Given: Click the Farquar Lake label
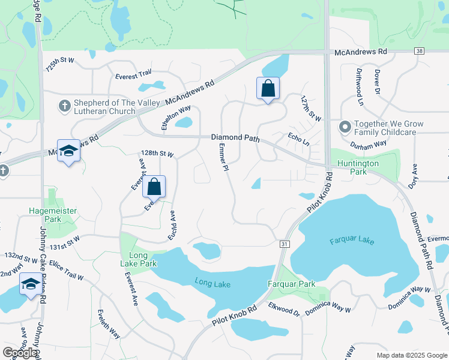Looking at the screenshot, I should (x=352, y=241).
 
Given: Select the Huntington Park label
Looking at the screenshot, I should (x=358, y=167).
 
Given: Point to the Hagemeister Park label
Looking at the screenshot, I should (x=53, y=215).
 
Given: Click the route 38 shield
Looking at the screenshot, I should (x=418, y=52).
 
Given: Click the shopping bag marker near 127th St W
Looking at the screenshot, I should (x=268, y=89).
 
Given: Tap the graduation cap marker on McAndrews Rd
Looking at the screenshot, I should (x=68, y=151).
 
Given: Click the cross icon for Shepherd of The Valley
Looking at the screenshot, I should (x=64, y=106).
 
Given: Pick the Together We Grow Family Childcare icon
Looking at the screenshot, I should (x=345, y=127).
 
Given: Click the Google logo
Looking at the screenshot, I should (x=20, y=353).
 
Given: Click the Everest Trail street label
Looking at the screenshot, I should (x=133, y=75).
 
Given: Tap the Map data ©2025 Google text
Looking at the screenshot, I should (x=411, y=355).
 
